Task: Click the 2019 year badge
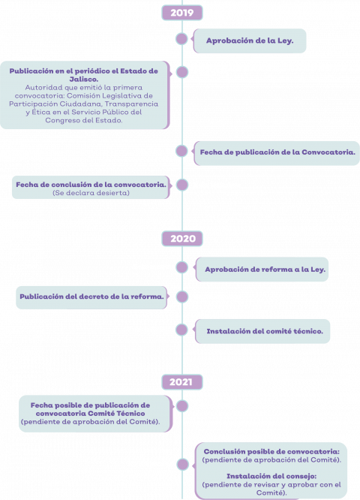point(182,13)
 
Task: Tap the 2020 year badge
point(182,239)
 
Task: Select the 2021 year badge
point(182,381)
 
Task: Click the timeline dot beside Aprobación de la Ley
point(182,39)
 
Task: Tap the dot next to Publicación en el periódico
point(182,72)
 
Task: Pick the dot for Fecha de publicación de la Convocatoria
point(182,151)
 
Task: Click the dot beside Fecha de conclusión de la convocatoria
point(182,185)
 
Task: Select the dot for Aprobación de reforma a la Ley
point(182,267)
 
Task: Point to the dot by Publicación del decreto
point(182,297)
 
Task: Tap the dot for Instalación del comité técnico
point(182,330)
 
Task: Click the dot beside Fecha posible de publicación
point(182,406)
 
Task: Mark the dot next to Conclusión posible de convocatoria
point(182,464)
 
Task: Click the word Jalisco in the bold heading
point(84,80)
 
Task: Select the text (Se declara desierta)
point(91,193)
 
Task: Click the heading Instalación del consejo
point(271,476)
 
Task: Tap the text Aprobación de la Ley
point(250,41)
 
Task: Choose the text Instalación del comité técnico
point(265,331)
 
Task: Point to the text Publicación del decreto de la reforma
point(91,297)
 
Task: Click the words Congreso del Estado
point(84,121)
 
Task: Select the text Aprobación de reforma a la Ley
point(265,270)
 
